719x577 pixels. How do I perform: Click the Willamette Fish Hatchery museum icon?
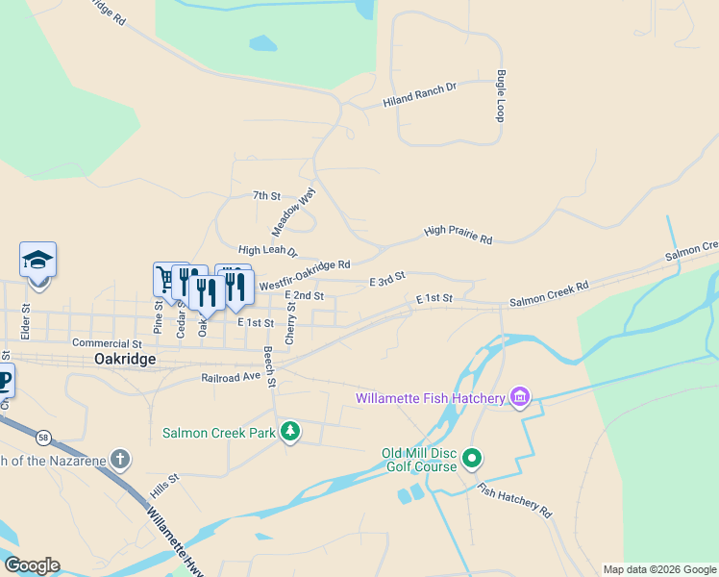520,397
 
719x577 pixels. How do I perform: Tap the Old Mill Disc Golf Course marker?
471,458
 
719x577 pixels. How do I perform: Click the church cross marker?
119,459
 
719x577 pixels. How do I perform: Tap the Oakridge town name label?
125,359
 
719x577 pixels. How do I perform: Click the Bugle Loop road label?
501,95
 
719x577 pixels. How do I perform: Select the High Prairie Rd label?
458,234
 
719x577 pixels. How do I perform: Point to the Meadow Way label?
293,213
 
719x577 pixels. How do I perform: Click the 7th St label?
265,196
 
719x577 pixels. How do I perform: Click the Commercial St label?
107,342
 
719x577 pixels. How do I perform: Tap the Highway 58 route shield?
43,437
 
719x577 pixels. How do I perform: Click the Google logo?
32,565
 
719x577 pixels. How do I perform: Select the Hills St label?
164,485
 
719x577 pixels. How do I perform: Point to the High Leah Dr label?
268,251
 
